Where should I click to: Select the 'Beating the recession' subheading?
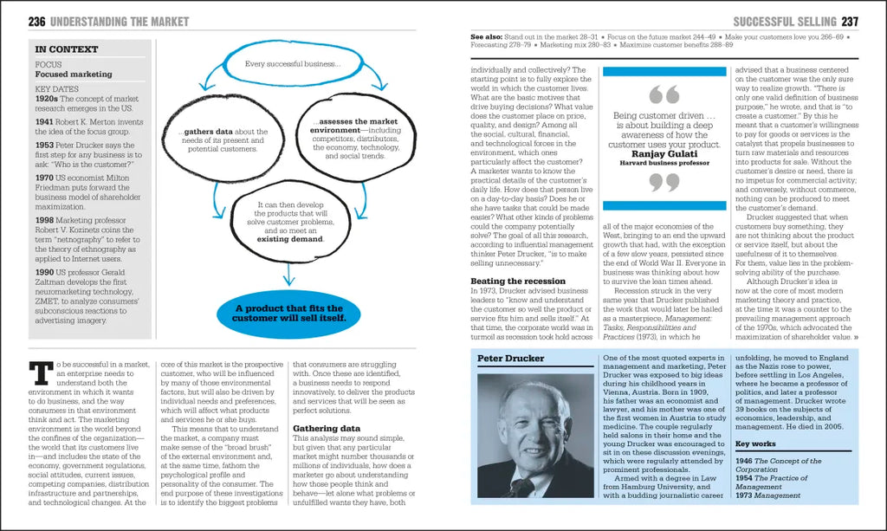coord(518,282)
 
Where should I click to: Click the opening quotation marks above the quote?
coord(664,95)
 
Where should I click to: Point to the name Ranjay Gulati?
coord(665,153)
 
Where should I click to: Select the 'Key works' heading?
coord(755,444)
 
